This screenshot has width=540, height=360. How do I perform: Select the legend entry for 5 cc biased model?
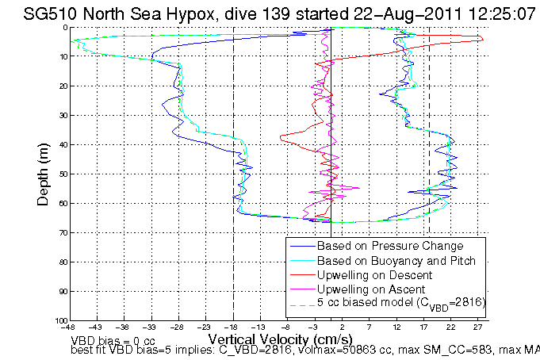point(400,303)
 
